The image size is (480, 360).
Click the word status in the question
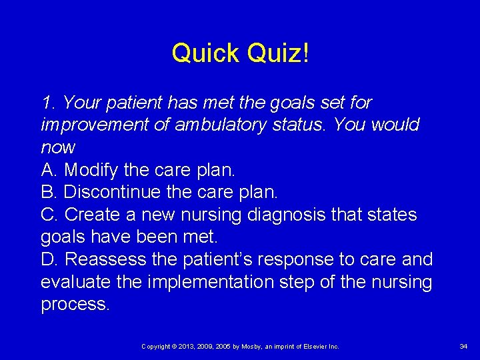pyautogui.click(x=301, y=125)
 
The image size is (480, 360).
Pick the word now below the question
pyautogui.click(x=58, y=147)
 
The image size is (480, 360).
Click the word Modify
pyautogui.click(x=91, y=170)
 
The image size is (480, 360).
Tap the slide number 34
pyautogui.click(x=463, y=347)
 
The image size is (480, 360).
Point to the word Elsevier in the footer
pyautogui.click(x=313, y=347)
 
